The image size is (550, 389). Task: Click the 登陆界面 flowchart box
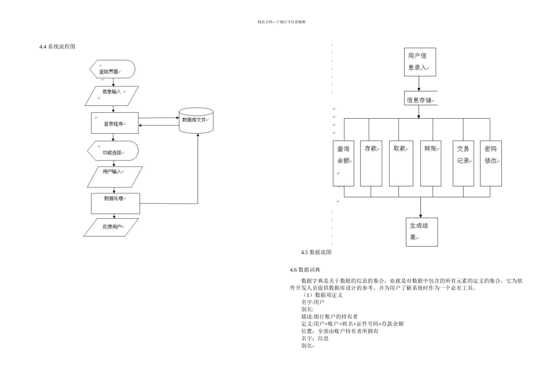click(113, 71)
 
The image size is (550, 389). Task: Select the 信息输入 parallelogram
click(113, 96)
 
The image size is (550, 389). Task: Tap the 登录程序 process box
click(115, 123)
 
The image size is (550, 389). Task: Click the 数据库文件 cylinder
click(196, 120)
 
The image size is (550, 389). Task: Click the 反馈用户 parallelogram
click(112, 227)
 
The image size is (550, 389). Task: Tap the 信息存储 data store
click(420, 100)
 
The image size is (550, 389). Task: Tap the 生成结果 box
click(421, 231)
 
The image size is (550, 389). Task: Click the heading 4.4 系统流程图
click(57, 46)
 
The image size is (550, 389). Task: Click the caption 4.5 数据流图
click(316, 252)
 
